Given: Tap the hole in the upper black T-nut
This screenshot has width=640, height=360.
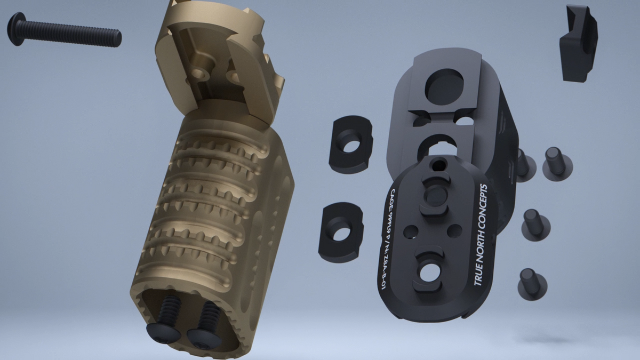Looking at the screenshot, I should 350,145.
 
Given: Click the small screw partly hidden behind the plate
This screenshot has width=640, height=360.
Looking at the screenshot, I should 523,163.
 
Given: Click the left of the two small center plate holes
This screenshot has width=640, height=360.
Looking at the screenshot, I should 411,231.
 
